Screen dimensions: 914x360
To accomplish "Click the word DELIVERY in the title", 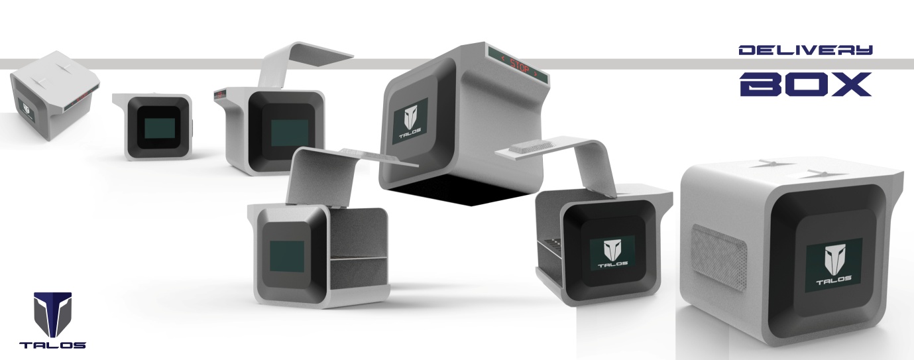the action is (805, 50).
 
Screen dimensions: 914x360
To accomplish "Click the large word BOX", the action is (805, 84).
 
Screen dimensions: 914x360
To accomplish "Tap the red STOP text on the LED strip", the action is (519, 67).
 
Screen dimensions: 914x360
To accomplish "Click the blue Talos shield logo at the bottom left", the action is (52, 314).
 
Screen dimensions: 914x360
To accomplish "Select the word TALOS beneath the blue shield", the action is (52, 345).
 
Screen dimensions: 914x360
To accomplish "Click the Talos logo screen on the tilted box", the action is (410, 121).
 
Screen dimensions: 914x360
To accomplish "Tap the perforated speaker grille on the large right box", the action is (719, 257).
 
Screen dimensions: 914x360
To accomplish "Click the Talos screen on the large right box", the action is (834, 265).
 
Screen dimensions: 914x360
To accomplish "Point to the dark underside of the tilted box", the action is (461, 192).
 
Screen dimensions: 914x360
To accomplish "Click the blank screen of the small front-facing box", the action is (160, 128).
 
